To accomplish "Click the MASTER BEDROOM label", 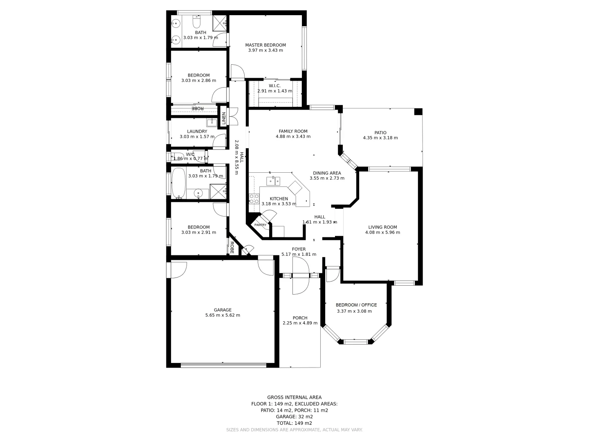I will click(265, 45).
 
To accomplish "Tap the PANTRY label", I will click(260, 225).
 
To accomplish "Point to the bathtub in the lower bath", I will click(178, 183).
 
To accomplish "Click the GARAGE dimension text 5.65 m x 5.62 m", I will click(223, 315).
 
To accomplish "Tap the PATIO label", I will click(380, 133).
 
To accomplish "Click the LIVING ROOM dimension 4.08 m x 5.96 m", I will click(382, 232).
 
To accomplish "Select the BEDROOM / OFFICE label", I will click(356, 305).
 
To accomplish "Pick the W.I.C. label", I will click(274, 86).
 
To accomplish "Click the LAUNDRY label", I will click(197, 131).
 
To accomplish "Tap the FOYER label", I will click(299, 249).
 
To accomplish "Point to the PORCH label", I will click(300, 318).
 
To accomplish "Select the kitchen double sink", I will click(273, 180).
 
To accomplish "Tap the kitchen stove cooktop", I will click(254, 199).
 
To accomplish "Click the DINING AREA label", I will click(327, 173).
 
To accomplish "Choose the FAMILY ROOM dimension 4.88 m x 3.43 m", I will click(293, 136).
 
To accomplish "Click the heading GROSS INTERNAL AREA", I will click(294, 397).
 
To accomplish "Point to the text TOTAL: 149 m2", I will click(294, 423).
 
